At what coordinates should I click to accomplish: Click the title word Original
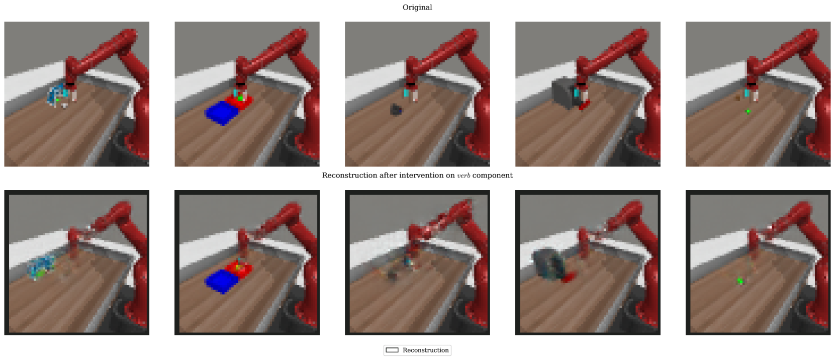417,8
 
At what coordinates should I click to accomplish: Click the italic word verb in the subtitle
463,175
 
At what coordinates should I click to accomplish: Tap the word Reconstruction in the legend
425,350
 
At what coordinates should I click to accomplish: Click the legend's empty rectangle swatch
392,350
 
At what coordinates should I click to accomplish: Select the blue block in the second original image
222,113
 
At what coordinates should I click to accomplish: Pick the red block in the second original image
240,102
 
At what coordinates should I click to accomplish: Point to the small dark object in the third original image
396,110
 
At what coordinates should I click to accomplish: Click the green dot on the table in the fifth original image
748,112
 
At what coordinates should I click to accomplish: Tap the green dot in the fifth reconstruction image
740,281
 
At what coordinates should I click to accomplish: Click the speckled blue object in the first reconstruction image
41,267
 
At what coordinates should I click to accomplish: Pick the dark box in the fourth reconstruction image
549,265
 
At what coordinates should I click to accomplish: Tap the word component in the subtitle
493,176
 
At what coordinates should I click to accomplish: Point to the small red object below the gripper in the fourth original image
584,105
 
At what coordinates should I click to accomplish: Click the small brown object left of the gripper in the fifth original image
737,99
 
